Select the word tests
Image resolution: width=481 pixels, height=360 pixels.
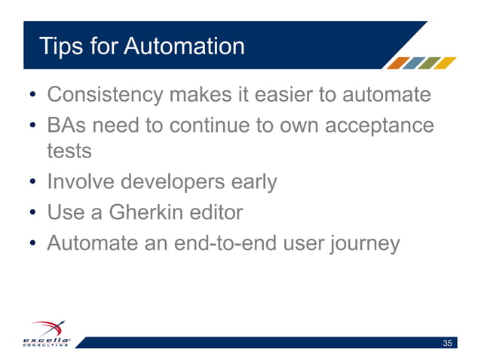69,150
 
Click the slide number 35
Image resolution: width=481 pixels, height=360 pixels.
448,343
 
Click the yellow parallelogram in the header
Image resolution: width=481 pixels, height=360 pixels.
447,63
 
